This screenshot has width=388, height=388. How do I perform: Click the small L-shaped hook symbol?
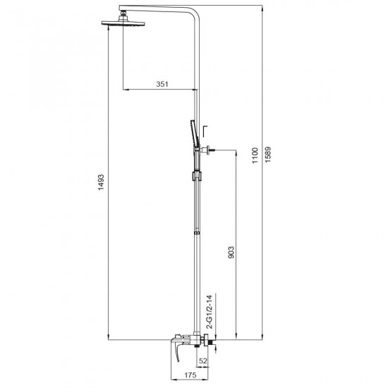pyautogui.click(x=205, y=129)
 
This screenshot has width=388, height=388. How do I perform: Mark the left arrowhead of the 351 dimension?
pyautogui.click(x=126, y=90)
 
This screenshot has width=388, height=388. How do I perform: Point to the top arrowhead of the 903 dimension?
pyautogui.click(x=237, y=151)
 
